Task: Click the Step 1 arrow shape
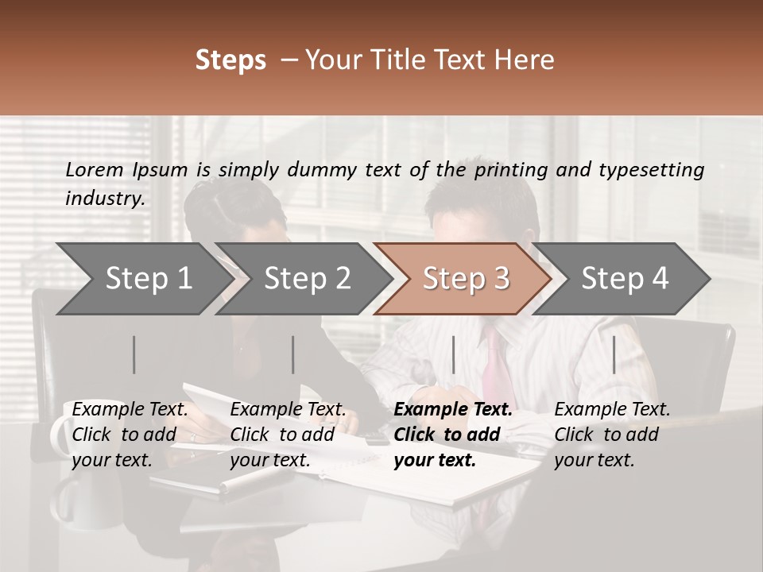[143, 279]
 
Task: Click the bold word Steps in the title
[230, 60]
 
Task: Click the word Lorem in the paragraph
[95, 169]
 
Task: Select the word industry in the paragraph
[104, 198]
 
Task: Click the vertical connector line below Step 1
[134, 354]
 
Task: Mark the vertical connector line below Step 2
[293, 354]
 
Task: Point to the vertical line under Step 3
[453, 354]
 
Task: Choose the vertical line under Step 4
[614, 354]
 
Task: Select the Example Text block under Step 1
[130, 435]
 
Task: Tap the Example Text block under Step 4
[612, 435]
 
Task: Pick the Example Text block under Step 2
[288, 435]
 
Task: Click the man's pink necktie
[495, 365]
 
